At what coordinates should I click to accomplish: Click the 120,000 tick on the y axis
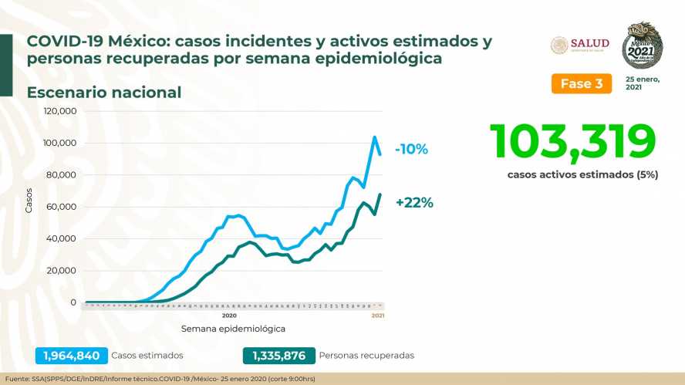click(60, 111)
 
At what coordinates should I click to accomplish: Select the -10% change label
click(411, 150)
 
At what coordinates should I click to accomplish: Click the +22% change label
click(414, 203)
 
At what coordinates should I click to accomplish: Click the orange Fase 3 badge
click(581, 83)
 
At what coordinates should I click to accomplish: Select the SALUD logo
click(580, 44)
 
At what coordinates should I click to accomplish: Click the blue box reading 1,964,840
click(70, 356)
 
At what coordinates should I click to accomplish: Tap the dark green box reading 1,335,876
click(278, 356)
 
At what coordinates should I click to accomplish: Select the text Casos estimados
click(147, 356)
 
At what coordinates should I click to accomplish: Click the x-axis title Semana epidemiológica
click(233, 329)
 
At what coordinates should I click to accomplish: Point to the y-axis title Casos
click(29, 201)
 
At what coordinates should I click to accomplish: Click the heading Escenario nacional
click(104, 93)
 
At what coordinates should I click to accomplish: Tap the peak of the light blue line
click(374, 137)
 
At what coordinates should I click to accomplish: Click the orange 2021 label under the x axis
click(378, 316)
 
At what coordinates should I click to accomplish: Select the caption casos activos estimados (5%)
click(582, 174)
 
